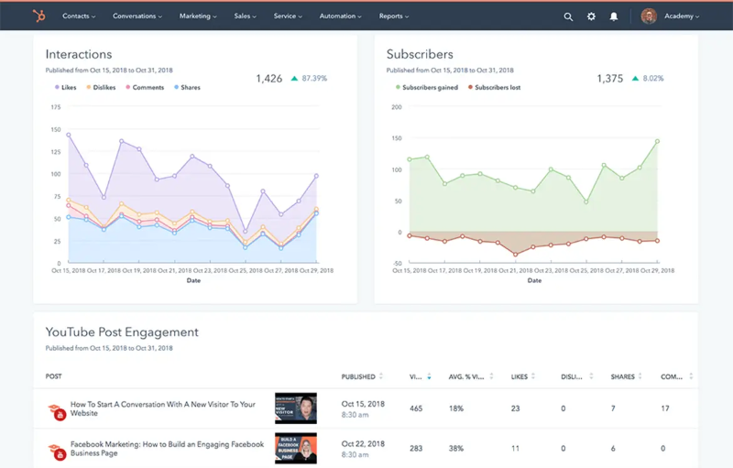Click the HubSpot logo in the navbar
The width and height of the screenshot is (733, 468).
[x=38, y=16]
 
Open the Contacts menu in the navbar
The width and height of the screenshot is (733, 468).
[x=80, y=16]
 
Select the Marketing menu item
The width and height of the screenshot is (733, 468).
[x=198, y=16]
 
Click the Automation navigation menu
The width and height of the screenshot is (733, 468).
[x=342, y=16]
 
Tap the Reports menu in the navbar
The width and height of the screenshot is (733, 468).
[x=394, y=16]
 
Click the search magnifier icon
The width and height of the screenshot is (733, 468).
[x=568, y=16]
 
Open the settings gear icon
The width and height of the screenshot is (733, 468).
[x=591, y=16]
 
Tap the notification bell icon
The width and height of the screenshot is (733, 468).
[x=614, y=16]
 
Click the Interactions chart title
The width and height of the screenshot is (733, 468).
[x=79, y=55]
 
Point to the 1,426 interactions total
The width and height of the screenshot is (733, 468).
[x=269, y=79]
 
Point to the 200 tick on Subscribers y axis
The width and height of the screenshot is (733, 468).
[x=396, y=107]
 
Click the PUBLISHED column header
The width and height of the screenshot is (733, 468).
[x=358, y=376]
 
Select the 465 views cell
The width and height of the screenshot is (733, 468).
[x=417, y=408]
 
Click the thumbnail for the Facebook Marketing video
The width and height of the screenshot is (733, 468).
[x=295, y=450]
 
